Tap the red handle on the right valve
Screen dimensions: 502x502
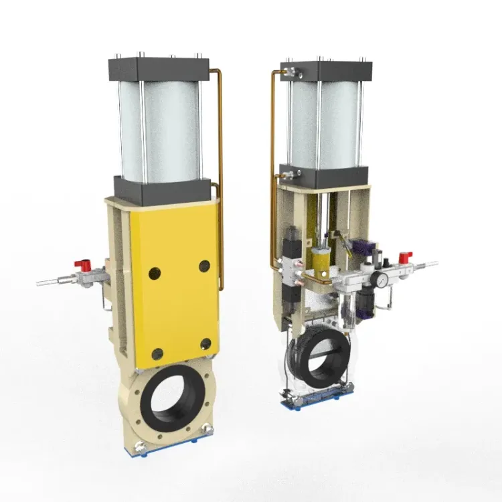[x=405, y=257]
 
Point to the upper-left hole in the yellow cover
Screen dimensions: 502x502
[x=155, y=272]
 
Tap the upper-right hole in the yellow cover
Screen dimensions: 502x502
[x=204, y=266]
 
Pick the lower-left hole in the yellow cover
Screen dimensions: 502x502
[x=157, y=354]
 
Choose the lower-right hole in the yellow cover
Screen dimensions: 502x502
[x=206, y=345]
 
